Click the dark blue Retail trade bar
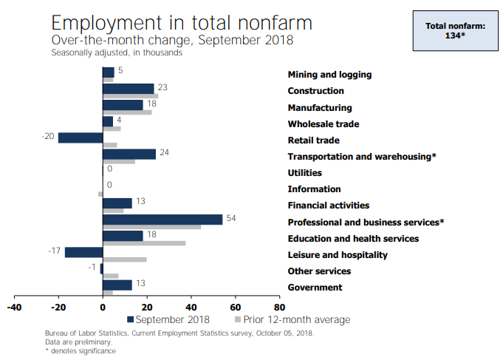tap(80, 137)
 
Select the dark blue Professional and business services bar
tap(162, 220)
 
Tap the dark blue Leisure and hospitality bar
tap(83, 252)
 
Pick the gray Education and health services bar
tap(144, 243)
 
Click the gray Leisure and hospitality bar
tap(125, 259)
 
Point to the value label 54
tap(231, 219)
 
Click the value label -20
tap(48, 137)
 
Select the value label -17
tap(55, 251)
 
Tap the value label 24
tap(165, 153)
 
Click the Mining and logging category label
tap(329, 75)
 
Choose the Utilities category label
tap(304, 173)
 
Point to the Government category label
tap(315, 288)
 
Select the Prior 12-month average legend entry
tap(292, 320)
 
